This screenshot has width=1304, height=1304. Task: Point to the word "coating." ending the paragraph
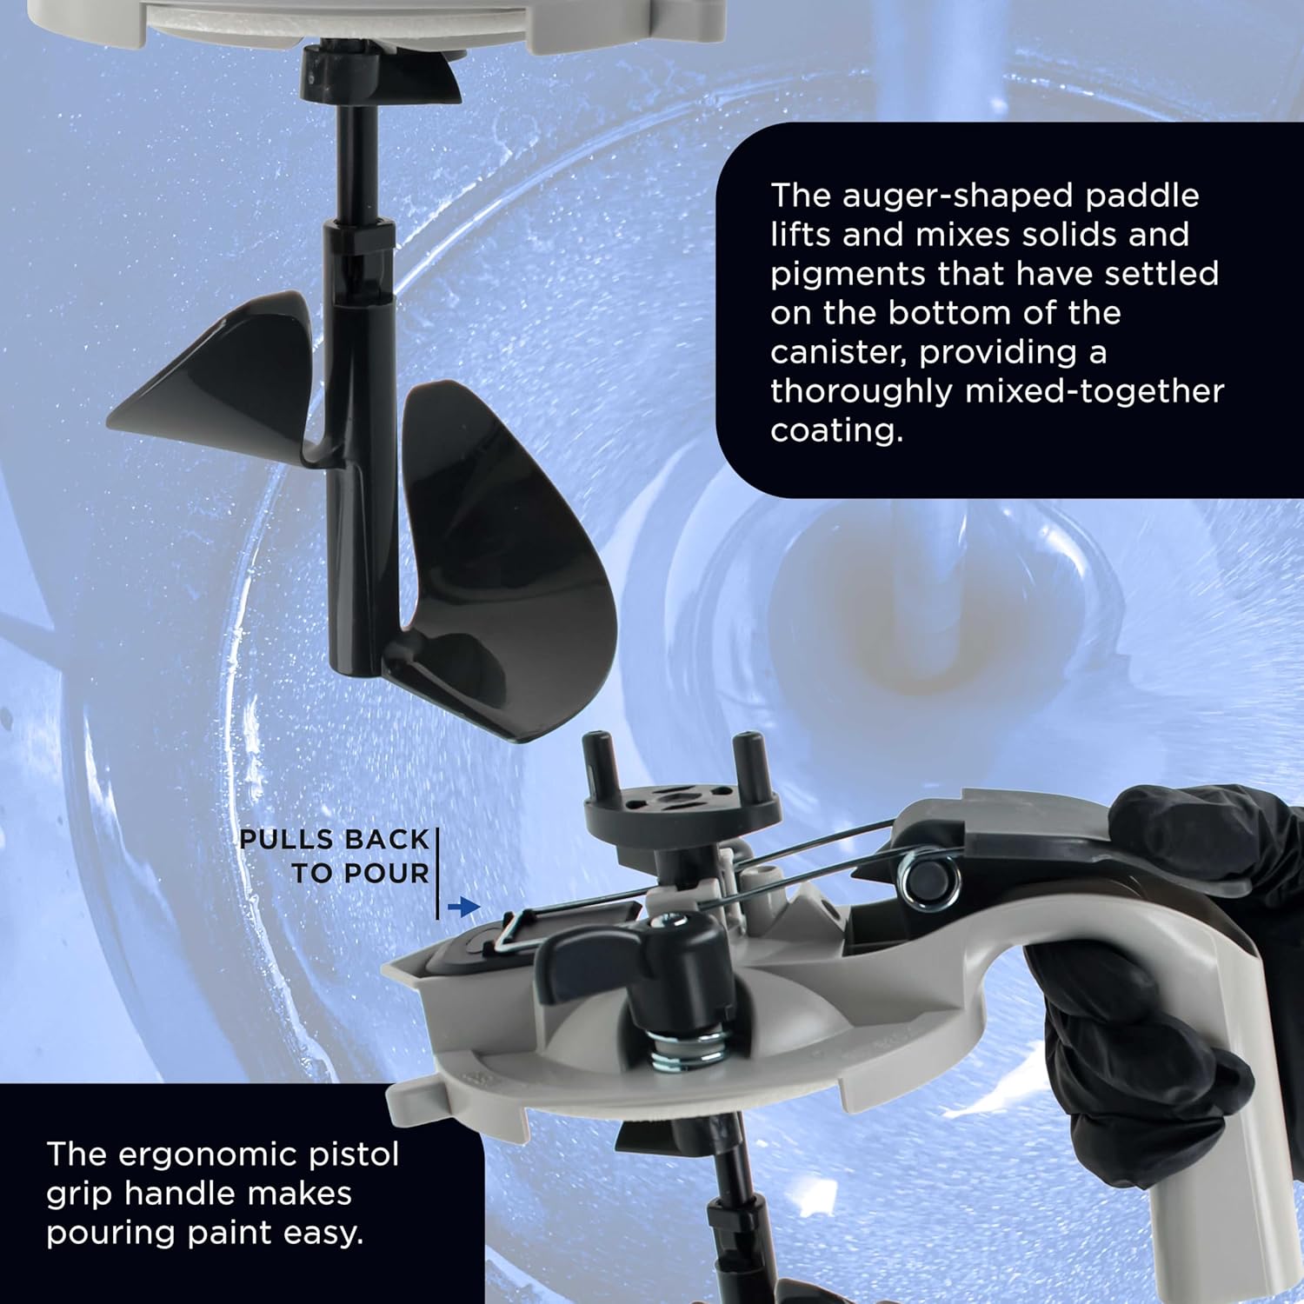836,431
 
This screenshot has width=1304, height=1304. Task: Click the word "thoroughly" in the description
860,392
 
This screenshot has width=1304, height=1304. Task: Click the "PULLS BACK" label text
335,840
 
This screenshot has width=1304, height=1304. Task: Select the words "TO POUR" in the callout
361,874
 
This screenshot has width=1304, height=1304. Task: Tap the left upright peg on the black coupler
596,755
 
